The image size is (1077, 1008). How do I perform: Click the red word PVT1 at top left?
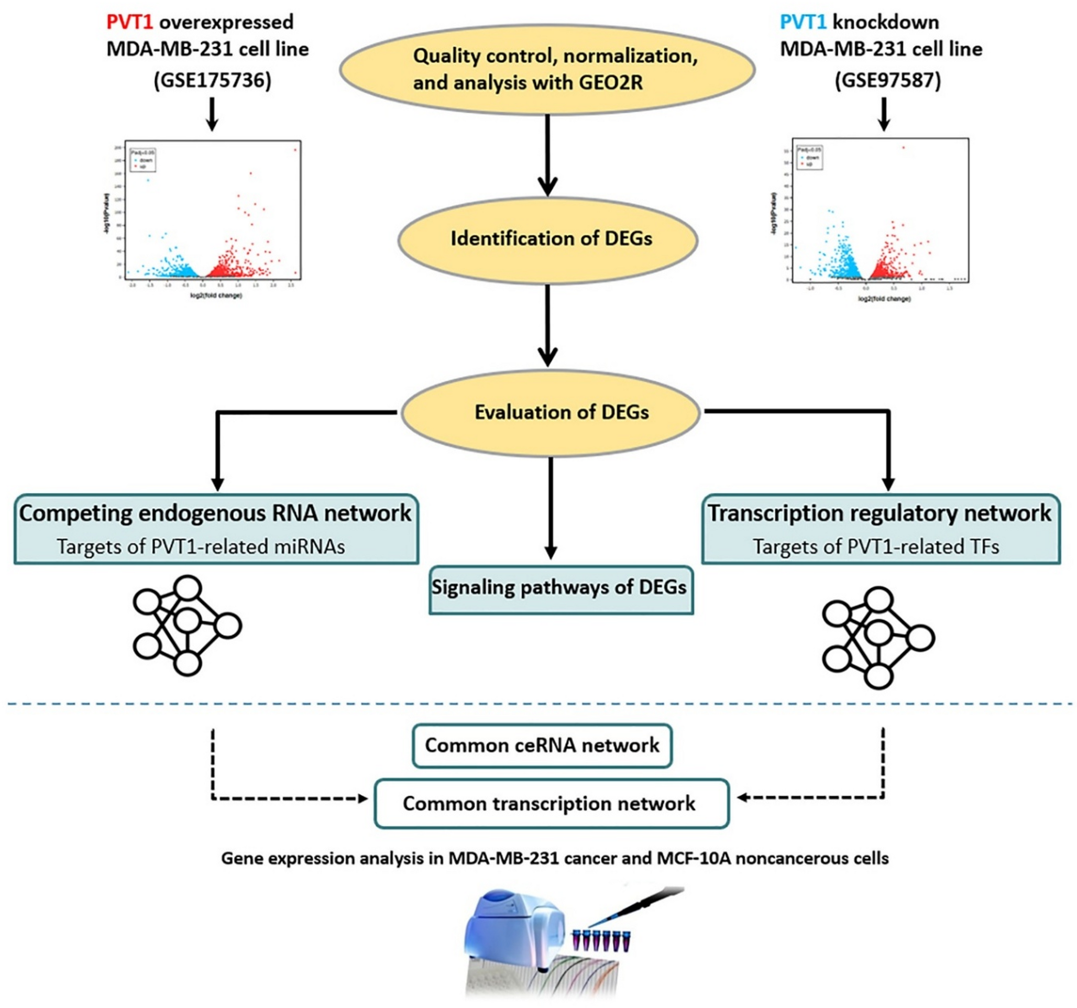point(129,22)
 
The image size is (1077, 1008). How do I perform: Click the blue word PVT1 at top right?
point(803,22)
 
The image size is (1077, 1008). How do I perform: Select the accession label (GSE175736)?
point(212,80)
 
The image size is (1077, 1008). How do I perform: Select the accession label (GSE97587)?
point(887,80)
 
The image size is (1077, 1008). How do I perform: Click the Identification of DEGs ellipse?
point(547,239)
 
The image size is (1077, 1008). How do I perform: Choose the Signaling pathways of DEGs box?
point(561,589)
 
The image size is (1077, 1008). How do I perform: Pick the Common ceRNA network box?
point(542,745)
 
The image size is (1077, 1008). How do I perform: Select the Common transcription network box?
point(551,803)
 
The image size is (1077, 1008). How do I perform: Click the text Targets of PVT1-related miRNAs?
point(201,546)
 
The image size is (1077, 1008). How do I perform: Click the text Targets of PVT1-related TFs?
point(875,546)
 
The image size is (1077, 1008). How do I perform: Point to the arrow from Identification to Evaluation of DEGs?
point(548,325)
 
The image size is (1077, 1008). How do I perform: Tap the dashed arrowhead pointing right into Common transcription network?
point(362,798)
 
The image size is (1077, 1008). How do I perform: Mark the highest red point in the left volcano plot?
point(295,149)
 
